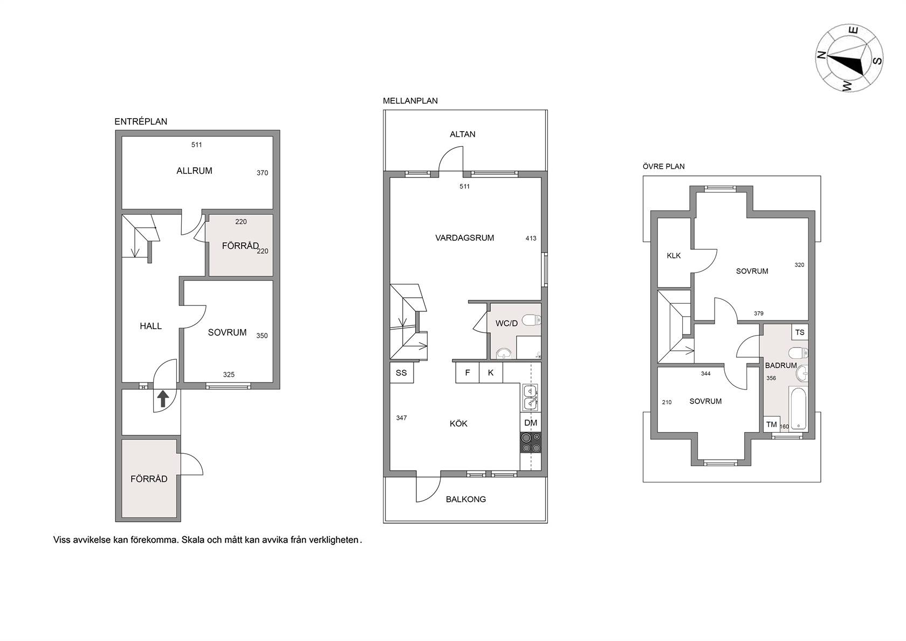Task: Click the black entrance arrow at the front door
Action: click(163, 399)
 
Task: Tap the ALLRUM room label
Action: click(194, 171)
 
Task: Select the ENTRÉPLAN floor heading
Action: click(141, 121)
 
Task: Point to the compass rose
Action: click(849, 58)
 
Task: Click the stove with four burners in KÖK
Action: click(531, 442)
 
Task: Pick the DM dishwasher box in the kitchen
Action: click(531, 422)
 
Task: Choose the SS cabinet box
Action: click(402, 373)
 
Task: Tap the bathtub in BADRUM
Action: click(798, 409)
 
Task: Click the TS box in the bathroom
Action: click(800, 332)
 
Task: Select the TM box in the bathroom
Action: click(772, 424)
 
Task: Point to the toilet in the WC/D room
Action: click(532, 320)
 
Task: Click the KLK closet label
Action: click(674, 256)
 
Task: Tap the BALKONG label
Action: click(466, 500)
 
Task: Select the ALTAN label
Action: click(463, 134)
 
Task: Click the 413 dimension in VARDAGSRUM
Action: click(531, 238)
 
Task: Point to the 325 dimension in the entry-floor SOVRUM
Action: click(229, 374)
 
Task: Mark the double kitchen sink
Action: click(530, 397)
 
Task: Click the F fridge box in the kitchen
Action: click(468, 373)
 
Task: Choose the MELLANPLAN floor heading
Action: click(410, 101)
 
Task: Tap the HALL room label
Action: click(151, 326)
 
